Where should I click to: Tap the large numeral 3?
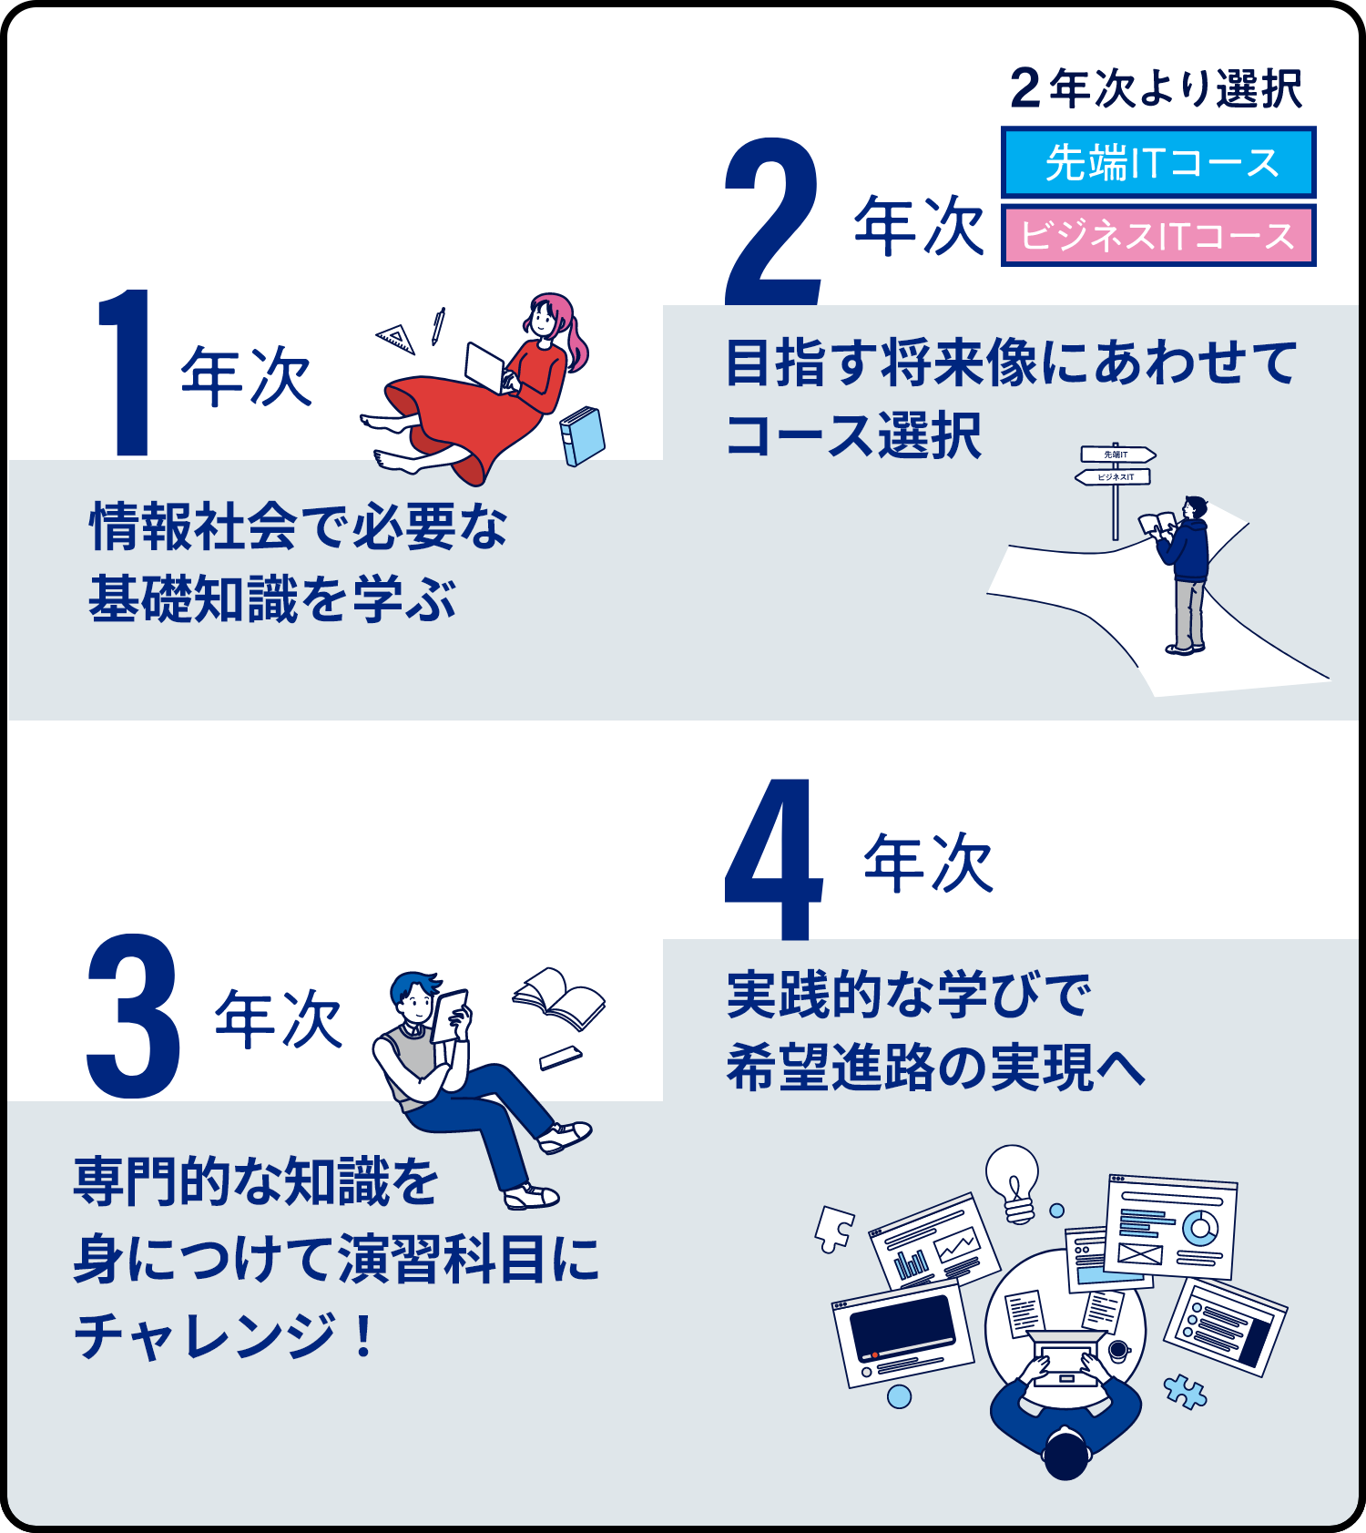133,1016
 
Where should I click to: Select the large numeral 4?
773,859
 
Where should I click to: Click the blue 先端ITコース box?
1158,162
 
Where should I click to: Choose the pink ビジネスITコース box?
1158,236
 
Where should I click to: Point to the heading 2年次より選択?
1157,89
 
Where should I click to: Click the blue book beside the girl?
582,436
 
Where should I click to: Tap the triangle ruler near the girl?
397,338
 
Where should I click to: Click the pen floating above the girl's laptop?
438,326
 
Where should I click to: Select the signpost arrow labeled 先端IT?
1118,454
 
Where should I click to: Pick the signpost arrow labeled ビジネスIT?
1113,476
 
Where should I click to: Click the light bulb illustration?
1013,1182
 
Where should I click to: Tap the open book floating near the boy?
558,997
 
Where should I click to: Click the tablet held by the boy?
448,1016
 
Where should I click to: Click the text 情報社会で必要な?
299,526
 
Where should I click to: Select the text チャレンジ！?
224,1335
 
